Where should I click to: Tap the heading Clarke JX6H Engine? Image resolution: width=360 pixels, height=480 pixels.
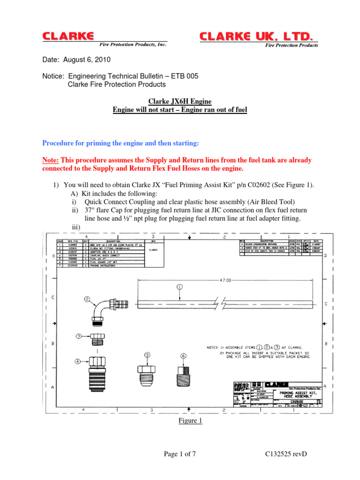coord(180,101)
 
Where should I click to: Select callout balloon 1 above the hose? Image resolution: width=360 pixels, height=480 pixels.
coord(180,286)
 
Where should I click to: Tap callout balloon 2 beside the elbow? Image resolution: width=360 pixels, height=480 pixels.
coord(87,299)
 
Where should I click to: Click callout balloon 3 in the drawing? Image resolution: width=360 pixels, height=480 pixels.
coord(79,336)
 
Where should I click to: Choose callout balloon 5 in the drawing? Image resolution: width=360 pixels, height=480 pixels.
coord(147,356)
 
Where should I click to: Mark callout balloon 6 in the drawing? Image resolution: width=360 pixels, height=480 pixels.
coord(183,356)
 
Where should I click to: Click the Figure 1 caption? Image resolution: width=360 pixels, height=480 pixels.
coord(180,420)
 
